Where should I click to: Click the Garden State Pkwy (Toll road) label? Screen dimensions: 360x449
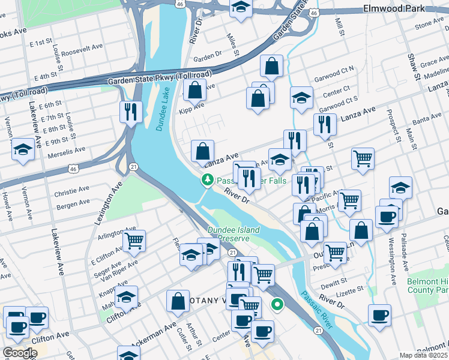160,79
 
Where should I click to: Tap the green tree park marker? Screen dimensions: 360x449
208,179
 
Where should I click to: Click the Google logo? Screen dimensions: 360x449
20,353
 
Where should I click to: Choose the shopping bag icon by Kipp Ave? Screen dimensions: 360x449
195,91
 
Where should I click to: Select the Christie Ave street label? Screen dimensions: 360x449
71,193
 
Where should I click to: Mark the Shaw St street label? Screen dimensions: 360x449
413,67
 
